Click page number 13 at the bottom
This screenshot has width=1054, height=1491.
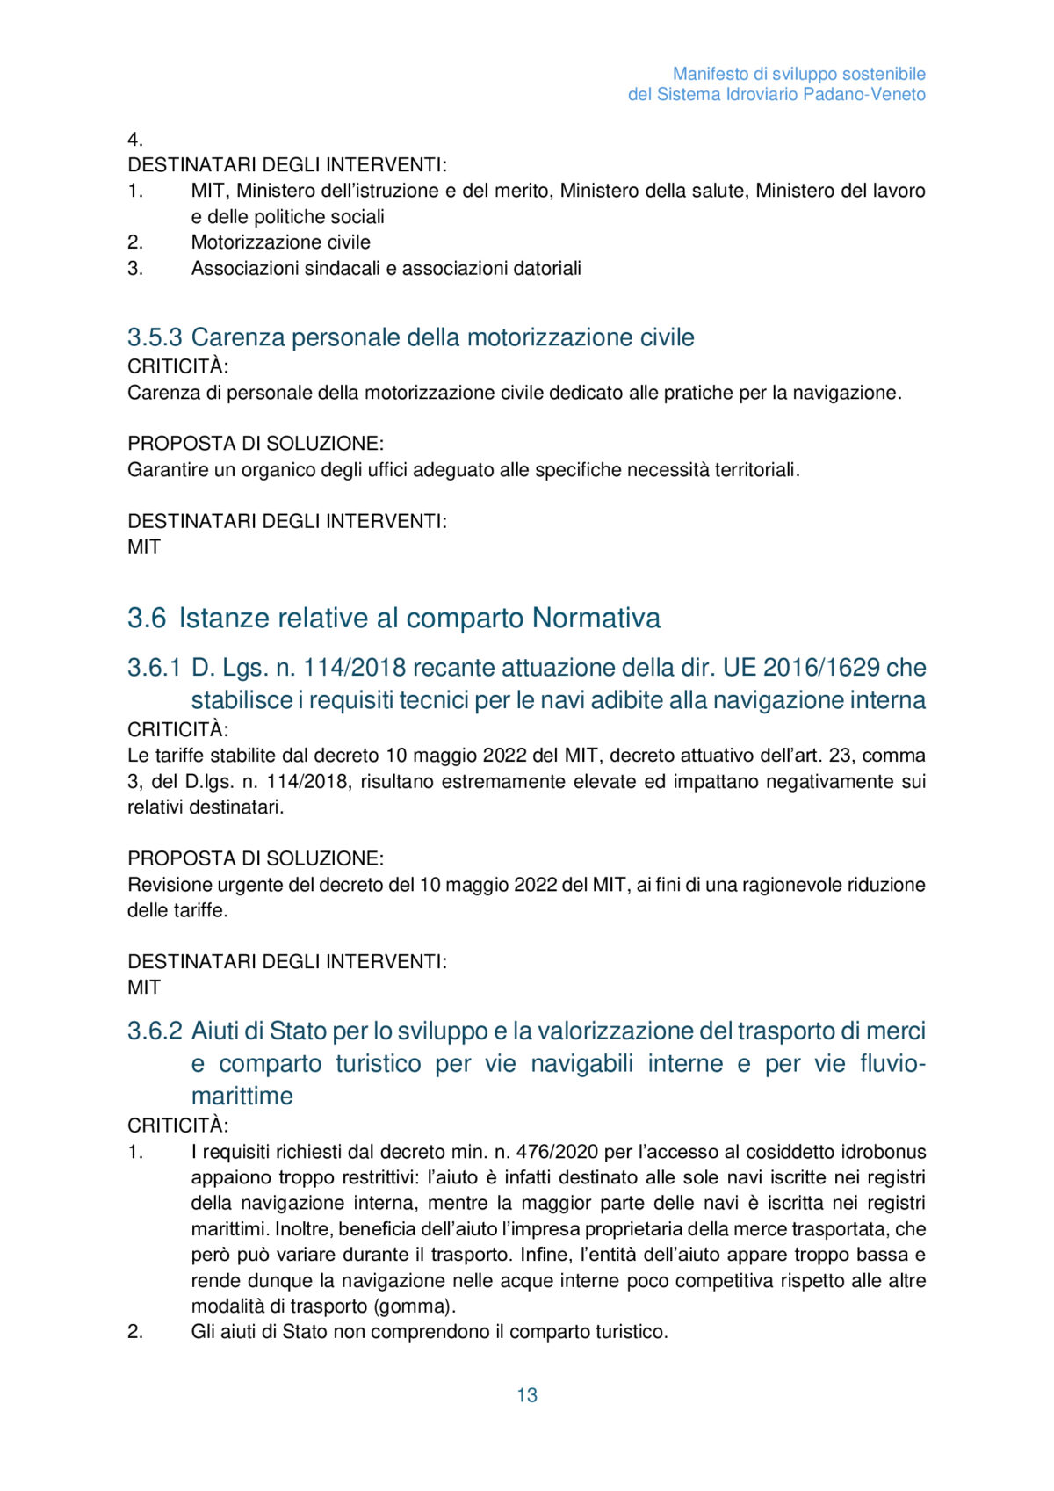pyautogui.click(x=527, y=1395)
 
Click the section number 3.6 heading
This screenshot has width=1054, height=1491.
pyautogui.click(x=147, y=619)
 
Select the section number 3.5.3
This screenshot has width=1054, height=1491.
pyautogui.click(x=155, y=337)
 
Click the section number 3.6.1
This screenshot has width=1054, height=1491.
pyautogui.click(x=155, y=668)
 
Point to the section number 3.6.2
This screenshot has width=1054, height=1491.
pyautogui.click(x=155, y=1031)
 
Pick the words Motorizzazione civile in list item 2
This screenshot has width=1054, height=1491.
pyautogui.click(x=281, y=242)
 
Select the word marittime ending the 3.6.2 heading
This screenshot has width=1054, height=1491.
pyautogui.click(x=242, y=1097)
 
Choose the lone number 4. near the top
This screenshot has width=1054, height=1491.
pyautogui.click(x=135, y=140)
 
